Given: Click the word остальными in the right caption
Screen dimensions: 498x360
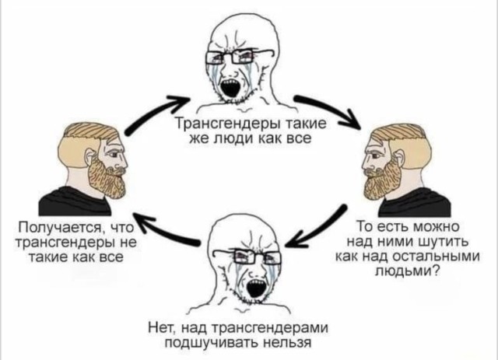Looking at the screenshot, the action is pos(436,257).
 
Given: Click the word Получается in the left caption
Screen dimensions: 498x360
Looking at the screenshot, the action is pos(61,228).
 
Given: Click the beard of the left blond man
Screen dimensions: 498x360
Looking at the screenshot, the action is pos(107,178).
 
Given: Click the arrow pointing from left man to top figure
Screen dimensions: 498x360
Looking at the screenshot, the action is pos(153,113).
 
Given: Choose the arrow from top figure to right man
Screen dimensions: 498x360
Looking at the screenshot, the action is pos(327,108).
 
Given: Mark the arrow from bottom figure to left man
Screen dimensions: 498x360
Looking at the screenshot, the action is pos(165,229).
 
